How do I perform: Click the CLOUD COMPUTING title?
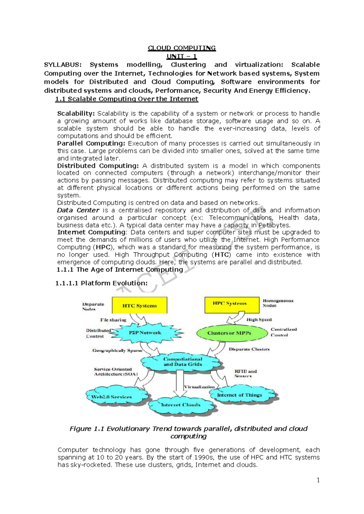[182, 48]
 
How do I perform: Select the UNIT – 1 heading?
[182, 56]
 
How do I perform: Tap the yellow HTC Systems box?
[140, 305]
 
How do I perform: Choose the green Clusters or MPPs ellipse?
[229, 333]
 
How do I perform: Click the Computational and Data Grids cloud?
[182, 362]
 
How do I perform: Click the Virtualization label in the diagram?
[199, 387]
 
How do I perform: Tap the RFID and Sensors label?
[245, 374]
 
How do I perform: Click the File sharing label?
[113, 320]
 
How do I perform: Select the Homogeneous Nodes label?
[278, 303]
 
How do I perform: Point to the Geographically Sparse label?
[117, 351]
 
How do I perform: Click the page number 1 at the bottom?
[318, 480]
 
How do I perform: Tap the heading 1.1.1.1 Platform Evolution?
[101, 283]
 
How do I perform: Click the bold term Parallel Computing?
[91, 143]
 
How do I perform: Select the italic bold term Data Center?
[78, 210]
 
